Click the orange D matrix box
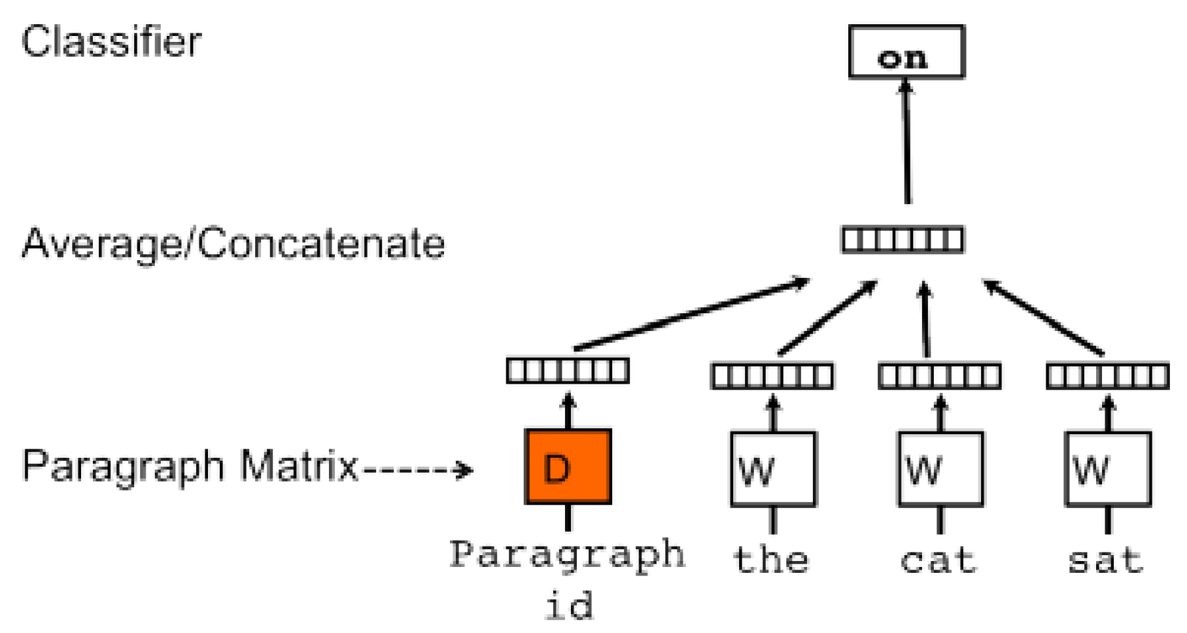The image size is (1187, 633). [x=568, y=466]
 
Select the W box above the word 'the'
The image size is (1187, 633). [x=773, y=469]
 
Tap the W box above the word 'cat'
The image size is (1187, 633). [x=940, y=469]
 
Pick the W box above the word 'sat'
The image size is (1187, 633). [x=1107, y=469]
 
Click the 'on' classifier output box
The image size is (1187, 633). [x=906, y=52]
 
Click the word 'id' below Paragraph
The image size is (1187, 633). [x=569, y=605]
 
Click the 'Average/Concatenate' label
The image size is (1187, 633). [x=233, y=244]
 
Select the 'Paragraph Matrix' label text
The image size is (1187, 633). [x=190, y=466]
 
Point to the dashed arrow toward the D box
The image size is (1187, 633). [x=419, y=470]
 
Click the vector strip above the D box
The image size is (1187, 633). [x=568, y=371]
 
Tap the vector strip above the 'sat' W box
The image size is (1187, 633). [x=1107, y=377]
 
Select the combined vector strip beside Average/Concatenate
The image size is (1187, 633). [x=902, y=240]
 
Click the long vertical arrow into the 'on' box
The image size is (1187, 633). [x=906, y=141]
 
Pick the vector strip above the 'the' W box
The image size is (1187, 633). [x=772, y=377]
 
